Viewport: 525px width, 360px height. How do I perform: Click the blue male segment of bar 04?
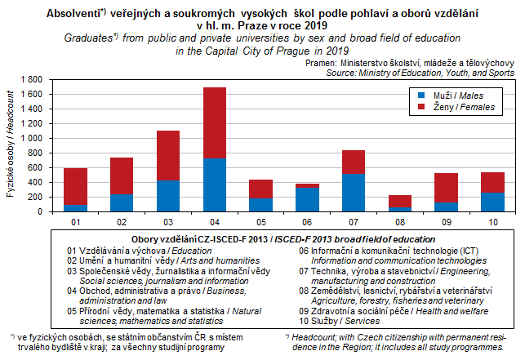pos(215,184)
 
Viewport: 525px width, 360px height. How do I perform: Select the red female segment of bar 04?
pos(215,122)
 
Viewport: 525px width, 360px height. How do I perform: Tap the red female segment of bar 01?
pos(75,187)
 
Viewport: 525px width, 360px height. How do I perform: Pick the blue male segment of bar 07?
pos(354,193)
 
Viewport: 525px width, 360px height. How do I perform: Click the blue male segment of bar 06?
pos(307,199)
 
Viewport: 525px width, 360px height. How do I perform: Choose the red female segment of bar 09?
pos(446,187)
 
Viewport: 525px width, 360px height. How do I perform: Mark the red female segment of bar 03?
pos(168,156)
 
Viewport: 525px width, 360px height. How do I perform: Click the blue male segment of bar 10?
pos(492,202)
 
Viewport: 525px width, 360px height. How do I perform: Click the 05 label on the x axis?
pos(260,220)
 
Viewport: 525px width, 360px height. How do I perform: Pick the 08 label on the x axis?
pos(400,220)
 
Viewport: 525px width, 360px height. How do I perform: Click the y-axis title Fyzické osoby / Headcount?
pos(10,145)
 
